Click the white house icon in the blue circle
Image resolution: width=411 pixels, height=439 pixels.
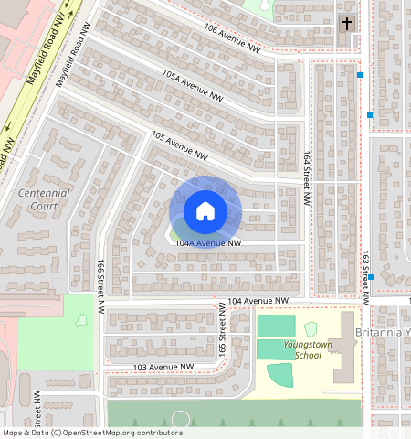(205, 211)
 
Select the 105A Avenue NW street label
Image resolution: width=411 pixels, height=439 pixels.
(193, 84)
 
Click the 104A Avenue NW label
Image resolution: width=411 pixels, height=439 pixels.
(208, 244)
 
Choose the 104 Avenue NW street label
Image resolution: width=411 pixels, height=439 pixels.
(258, 300)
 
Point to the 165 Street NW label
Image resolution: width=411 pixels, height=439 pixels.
(222, 333)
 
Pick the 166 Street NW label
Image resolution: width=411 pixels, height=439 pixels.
(100, 284)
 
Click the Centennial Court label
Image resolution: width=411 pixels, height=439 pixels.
(43, 199)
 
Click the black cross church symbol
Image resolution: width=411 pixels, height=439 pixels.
(346, 24)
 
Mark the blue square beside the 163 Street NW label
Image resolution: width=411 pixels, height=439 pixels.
(371, 276)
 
